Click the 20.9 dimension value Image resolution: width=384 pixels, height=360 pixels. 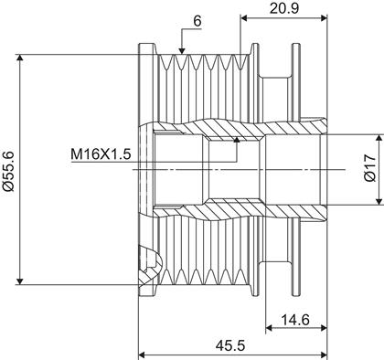click(x=284, y=8)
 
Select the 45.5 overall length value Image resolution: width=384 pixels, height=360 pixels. click(x=230, y=345)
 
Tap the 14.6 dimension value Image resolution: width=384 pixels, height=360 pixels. click(x=295, y=320)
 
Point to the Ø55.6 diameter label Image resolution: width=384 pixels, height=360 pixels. click(x=8, y=170)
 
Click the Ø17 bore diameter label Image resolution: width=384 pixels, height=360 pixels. click(x=370, y=168)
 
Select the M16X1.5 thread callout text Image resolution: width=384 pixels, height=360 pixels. click(x=101, y=154)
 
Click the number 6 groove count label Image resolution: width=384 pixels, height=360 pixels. click(x=197, y=21)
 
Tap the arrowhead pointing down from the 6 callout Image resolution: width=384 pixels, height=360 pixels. click(x=182, y=50)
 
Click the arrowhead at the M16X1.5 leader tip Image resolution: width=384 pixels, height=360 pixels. click(x=237, y=140)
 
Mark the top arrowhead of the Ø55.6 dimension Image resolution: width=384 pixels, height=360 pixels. click(x=20, y=58)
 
